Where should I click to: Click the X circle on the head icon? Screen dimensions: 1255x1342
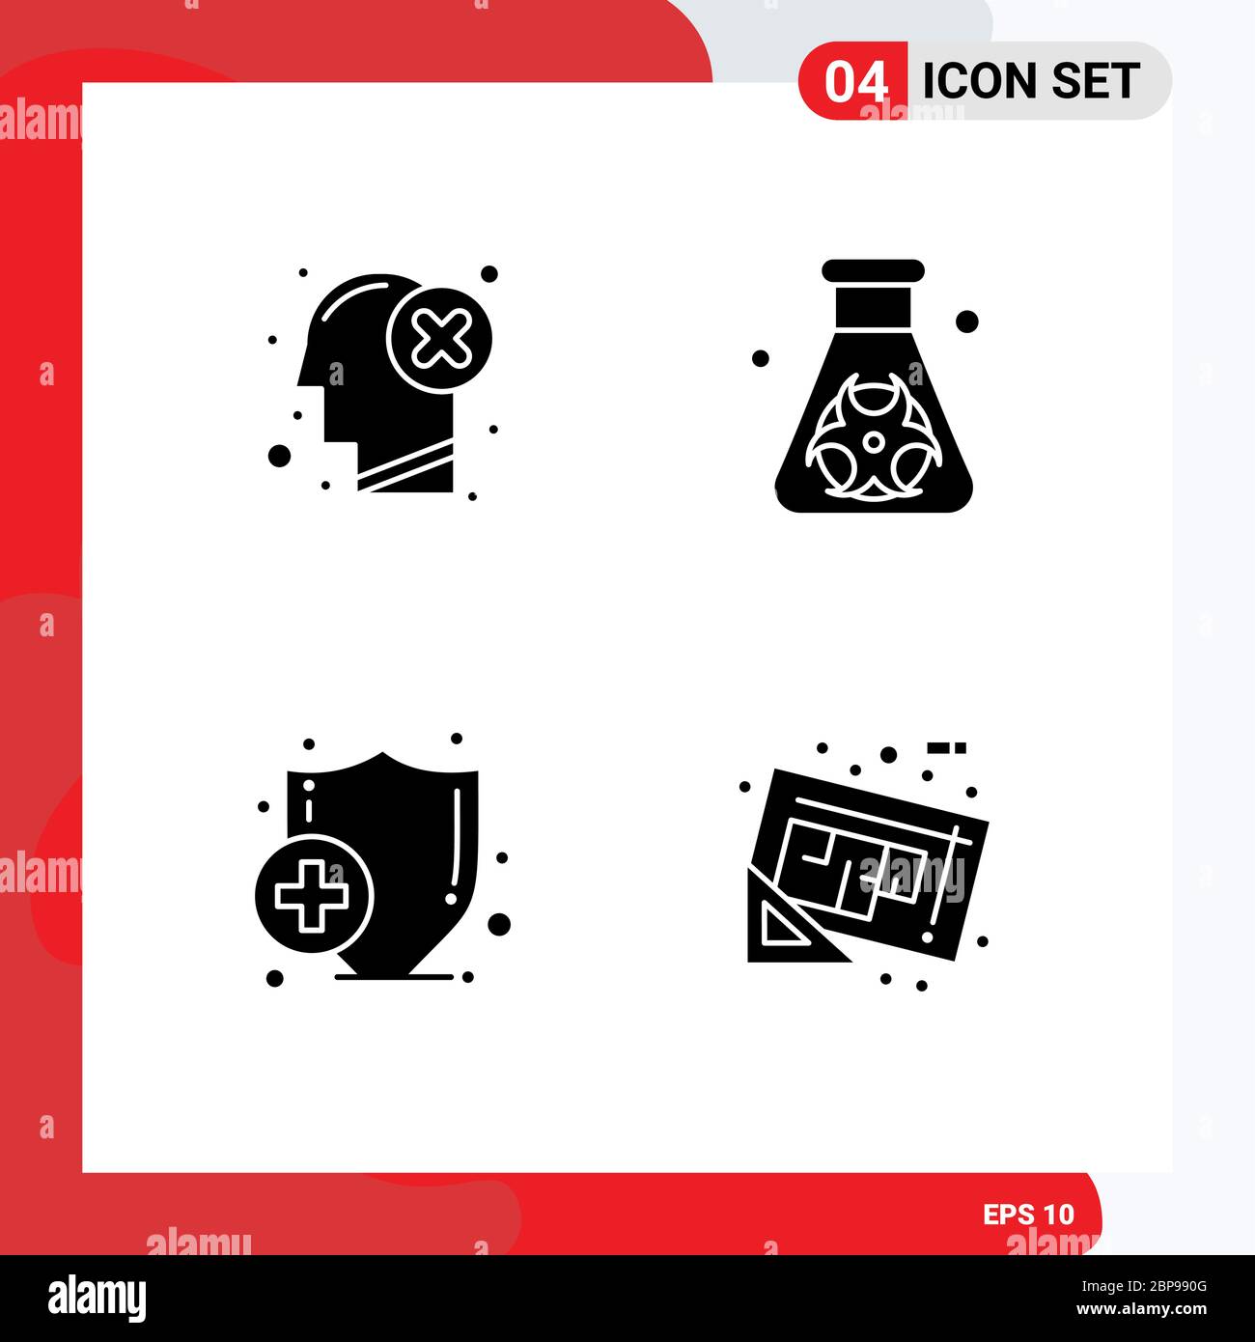(439, 340)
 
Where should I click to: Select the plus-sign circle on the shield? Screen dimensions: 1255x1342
(314, 893)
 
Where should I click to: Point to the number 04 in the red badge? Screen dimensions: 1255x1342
(855, 82)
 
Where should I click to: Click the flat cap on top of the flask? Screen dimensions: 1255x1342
(873, 270)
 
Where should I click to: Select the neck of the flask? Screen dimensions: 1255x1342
(873, 307)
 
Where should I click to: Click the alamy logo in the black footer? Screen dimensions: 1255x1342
(97, 1298)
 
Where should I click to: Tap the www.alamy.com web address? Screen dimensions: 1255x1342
(1141, 1309)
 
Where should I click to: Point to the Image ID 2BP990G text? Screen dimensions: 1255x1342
(1143, 1286)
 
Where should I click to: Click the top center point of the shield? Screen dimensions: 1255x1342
(383, 752)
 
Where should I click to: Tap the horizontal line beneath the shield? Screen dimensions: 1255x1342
(394, 977)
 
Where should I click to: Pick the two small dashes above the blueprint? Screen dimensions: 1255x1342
(946, 748)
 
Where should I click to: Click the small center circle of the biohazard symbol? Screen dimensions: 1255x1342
(873, 442)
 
